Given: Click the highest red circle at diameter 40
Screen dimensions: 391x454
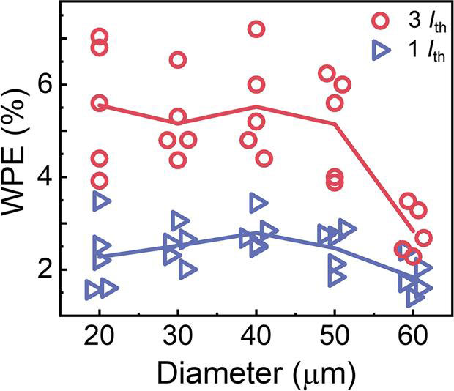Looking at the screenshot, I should [x=256, y=29].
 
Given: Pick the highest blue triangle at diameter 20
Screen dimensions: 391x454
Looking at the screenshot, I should [x=102, y=201].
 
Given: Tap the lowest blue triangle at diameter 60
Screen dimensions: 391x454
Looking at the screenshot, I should [x=414, y=297].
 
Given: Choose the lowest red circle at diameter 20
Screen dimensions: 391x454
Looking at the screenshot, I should [x=100, y=181].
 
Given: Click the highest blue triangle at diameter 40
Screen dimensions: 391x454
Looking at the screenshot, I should [x=258, y=202].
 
